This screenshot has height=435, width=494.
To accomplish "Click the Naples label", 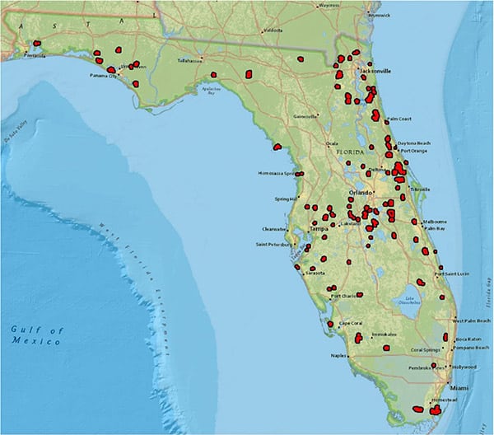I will coord(338,356).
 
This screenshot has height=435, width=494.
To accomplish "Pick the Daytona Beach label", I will coord(414,143).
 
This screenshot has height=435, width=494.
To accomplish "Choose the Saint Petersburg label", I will coord(273,245).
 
